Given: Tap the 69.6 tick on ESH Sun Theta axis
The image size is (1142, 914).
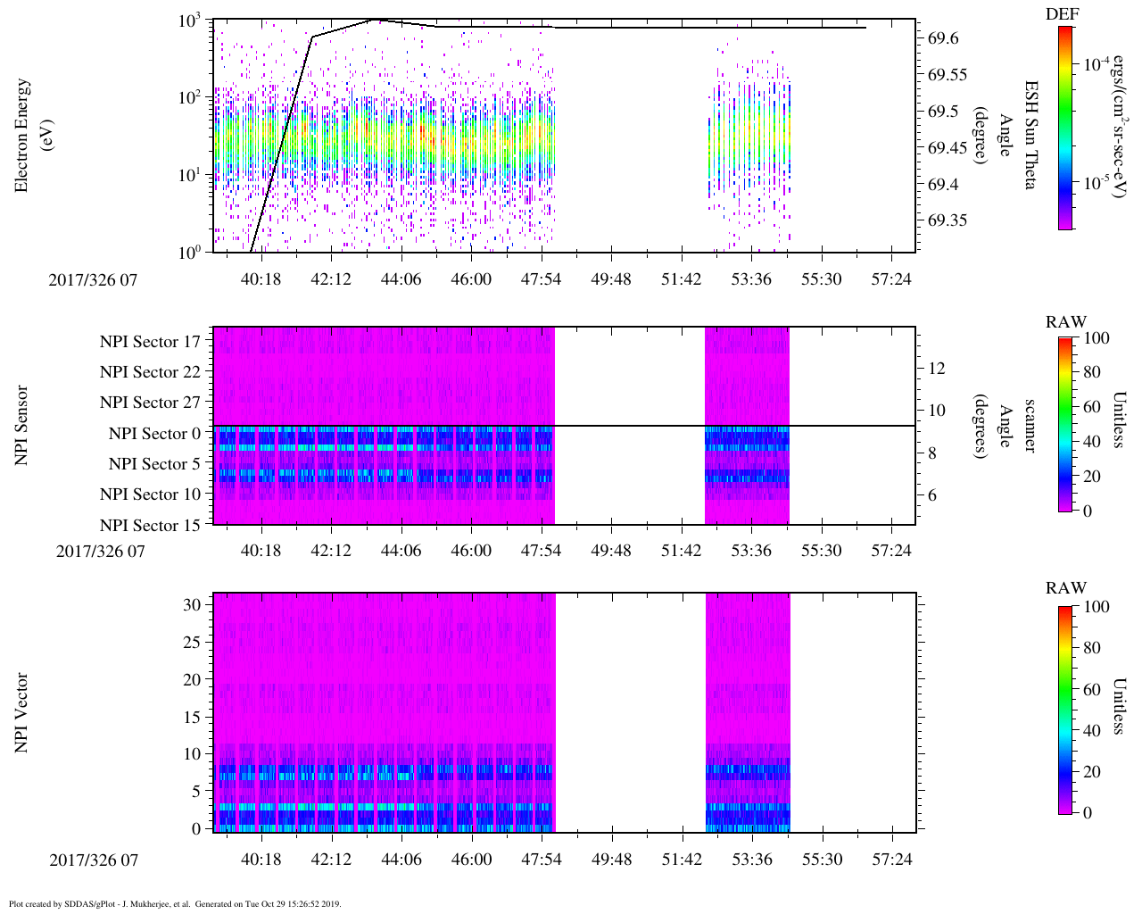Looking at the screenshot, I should (943, 38).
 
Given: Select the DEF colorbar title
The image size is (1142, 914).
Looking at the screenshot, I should (1062, 13).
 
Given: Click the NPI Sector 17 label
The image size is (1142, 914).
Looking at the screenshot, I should (150, 341).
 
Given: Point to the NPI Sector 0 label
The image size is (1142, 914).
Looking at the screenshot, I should (154, 434).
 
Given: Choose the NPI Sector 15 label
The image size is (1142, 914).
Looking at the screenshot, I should (150, 526).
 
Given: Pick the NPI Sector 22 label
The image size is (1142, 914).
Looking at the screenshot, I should (150, 372).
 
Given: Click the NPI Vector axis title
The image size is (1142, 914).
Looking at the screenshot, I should (21, 713).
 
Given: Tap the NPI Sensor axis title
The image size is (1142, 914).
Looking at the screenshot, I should (21, 426).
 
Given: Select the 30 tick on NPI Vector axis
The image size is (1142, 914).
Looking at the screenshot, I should (192, 605).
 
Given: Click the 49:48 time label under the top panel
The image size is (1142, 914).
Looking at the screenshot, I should (611, 279).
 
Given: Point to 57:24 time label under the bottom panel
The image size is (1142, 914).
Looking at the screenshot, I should (892, 860).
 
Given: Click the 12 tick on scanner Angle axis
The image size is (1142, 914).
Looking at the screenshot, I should (937, 368).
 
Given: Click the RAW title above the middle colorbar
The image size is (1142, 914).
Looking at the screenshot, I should (1066, 322).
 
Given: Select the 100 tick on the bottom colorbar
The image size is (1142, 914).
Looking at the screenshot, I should (1096, 608).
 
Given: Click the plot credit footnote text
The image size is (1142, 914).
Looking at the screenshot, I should (175, 903).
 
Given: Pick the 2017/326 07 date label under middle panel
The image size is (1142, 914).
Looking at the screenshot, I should (100, 551).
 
